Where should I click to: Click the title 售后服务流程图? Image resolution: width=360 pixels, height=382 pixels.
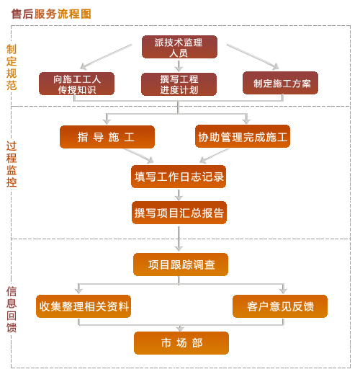click(x=51, y=14)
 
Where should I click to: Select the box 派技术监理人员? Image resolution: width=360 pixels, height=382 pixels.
click(x=179, y=47)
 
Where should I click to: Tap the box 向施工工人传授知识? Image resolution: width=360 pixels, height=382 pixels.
click(x=76, y=84)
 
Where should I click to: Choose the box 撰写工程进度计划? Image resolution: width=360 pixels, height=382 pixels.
click(x=179, y=84)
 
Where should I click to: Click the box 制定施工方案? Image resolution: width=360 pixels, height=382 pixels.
click(x=280, y=83)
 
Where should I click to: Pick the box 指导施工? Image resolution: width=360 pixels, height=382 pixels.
click(x=107, y=137)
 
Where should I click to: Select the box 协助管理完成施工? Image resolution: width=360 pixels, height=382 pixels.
click(x=243, y=136)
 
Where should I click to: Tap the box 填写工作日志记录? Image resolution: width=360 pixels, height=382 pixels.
click(x=179, y=177)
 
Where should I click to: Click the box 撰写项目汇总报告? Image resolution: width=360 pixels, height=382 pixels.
click(x=179, y=213)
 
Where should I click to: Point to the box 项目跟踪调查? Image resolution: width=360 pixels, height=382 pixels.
click(x=181, y=265)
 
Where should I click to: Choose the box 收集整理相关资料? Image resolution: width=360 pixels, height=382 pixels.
click(x=84, y=306)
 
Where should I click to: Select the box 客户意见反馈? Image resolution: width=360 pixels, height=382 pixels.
click(x=280, y=306)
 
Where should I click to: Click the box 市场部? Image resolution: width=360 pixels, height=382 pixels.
click(x=181, y=343)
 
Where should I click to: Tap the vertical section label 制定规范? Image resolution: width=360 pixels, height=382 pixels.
click(x=12, y=68)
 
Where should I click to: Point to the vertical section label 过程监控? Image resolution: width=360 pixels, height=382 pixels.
click(x=12, y=164)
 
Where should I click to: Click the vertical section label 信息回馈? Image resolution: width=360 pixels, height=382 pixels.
click(x=12, y=309)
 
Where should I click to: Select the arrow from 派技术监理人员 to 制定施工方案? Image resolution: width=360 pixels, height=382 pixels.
click(x=253, y=57)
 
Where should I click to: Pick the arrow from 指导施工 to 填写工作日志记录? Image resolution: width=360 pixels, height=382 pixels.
click(x=139, y=156)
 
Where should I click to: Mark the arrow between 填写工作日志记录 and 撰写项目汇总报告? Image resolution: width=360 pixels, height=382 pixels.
click(x=179, y=195)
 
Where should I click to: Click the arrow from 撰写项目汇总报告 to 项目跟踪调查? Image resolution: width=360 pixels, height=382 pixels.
click(x=179, y=239)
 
